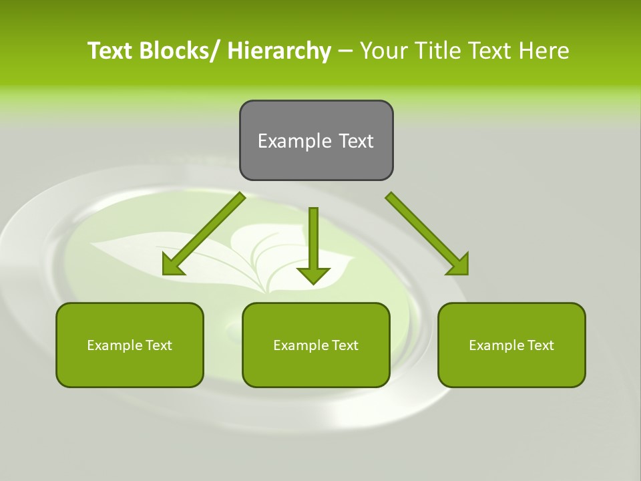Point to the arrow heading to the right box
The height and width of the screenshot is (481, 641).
pyautogui.click(x=427, y=233)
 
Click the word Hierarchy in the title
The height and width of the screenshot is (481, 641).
pyautogui.click(x=279, y=51)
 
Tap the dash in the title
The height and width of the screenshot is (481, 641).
pyautogui.click(x=345, y=51)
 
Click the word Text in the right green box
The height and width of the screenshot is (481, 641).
pyautogui.click(x=540, y=345)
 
